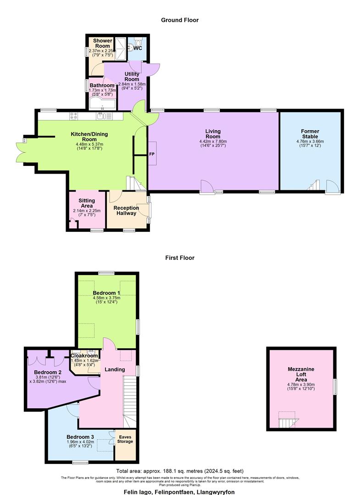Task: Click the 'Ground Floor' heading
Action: [x=180, y=20]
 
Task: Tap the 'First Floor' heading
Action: [x=180, y=258]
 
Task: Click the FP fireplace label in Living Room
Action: [x=151, y=154]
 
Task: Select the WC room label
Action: [x=137, y=48]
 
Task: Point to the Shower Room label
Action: [x=102, y=44]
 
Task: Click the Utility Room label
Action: [x=132, y=77]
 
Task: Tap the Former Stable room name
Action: [x=310, y=134]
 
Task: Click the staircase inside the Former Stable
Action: [x=314, y=187]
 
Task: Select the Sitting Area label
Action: [x=87, y=203]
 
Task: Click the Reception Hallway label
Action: [x=126, y=211]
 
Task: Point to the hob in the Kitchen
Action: [x=73, y=116]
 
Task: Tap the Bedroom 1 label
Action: [x=106, y=293]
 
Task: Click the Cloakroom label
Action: [x=84, y=356]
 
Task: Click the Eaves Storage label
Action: [x=125, y=439]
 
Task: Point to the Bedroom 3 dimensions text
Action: [x=80, y=442]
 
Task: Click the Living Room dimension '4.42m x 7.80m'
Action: [x=213, y=142]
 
